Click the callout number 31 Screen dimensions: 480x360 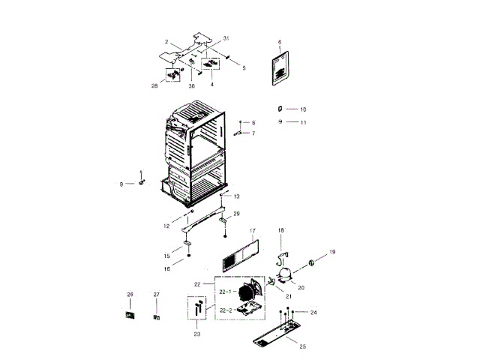click(x=226, y=38)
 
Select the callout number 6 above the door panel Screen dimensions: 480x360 click(x=279, y=42)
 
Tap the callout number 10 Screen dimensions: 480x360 click(x=303, y=109)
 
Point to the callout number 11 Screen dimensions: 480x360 click(x=303, y=121)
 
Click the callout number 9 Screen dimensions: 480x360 click(x=121, y=184)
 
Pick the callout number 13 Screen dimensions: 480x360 click(x=236, y=196)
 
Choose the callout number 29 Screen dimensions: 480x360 click(x=236, y=214)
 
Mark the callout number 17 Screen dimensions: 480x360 click(x=253, y=231)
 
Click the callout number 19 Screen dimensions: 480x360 click(x=332, y=252)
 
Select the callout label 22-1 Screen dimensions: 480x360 click(x=224, y=291)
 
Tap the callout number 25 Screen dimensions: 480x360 click(x=302, y=346)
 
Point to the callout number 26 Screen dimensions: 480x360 click(x=129, y=295)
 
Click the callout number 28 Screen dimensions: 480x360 click(x=154, y=86)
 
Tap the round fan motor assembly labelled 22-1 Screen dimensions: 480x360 click(x=247, y=292)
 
